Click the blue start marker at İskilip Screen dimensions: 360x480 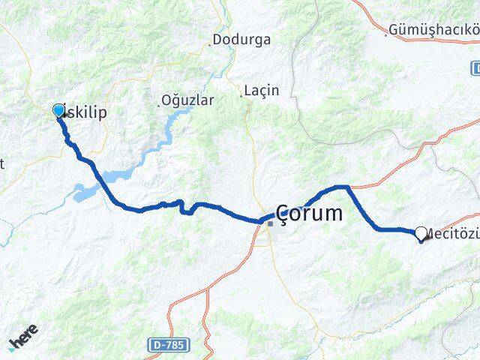[x=59, y=111]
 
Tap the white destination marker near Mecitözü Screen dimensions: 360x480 [x=421, y=233]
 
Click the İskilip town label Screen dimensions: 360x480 [x=84, y=112]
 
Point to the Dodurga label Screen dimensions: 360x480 [x=242, y=40]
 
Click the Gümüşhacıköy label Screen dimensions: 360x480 [x=433, y=31]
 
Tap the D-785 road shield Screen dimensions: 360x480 [x=168, y=344]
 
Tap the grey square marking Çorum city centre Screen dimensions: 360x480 [x=270, y=223]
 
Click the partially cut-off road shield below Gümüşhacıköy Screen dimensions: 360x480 [x=475, y=69]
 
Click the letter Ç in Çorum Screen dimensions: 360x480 [x=286, y=214]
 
